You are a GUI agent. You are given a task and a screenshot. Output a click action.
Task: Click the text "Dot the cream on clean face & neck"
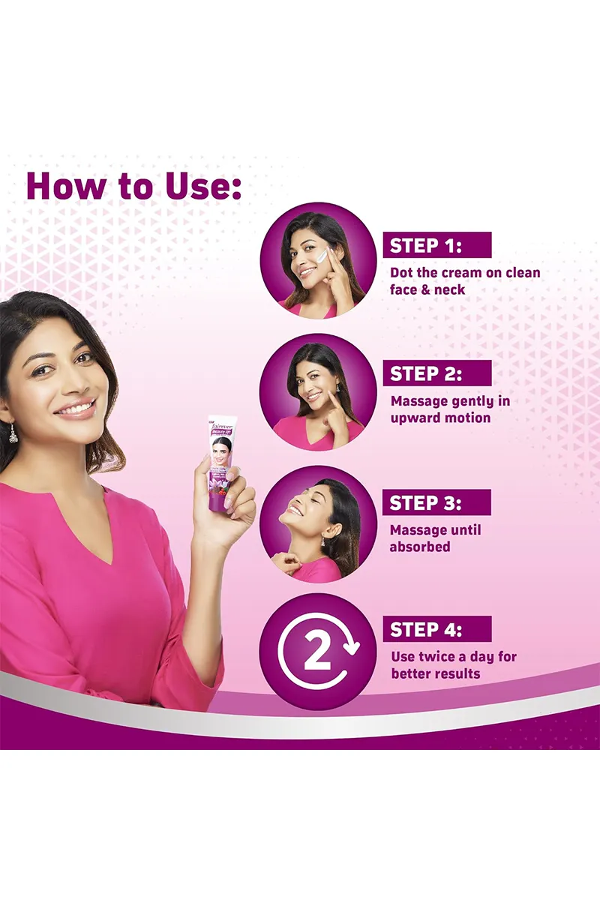click(x=464, y=280)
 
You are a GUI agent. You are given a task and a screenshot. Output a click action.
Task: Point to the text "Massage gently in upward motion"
click(x=449, y=409)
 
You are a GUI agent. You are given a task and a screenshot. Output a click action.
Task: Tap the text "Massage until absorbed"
click(x=435, y=538)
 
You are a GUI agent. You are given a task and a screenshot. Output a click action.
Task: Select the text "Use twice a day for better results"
click(x=453, y=664)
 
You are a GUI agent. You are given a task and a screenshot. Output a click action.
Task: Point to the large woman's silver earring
click(x=13, y=433)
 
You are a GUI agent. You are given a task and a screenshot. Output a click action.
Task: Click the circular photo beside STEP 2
click(x=318, y=391)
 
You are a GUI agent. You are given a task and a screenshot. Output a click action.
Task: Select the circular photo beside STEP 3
click(x=318, y=523)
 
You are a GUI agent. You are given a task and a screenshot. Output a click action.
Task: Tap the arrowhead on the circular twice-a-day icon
click(x=352, y=643)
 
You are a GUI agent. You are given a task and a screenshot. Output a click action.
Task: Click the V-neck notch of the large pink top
click(x=110, y=559)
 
